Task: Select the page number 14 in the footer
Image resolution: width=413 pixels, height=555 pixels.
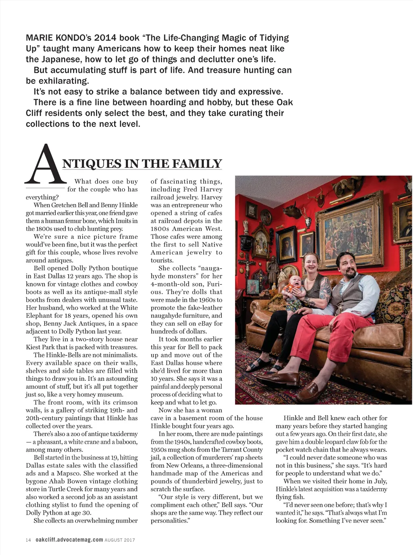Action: click(28, 540)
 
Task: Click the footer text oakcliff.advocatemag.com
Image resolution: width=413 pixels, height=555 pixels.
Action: click(69, 540)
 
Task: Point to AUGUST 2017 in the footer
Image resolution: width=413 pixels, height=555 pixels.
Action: click(120, 540)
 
